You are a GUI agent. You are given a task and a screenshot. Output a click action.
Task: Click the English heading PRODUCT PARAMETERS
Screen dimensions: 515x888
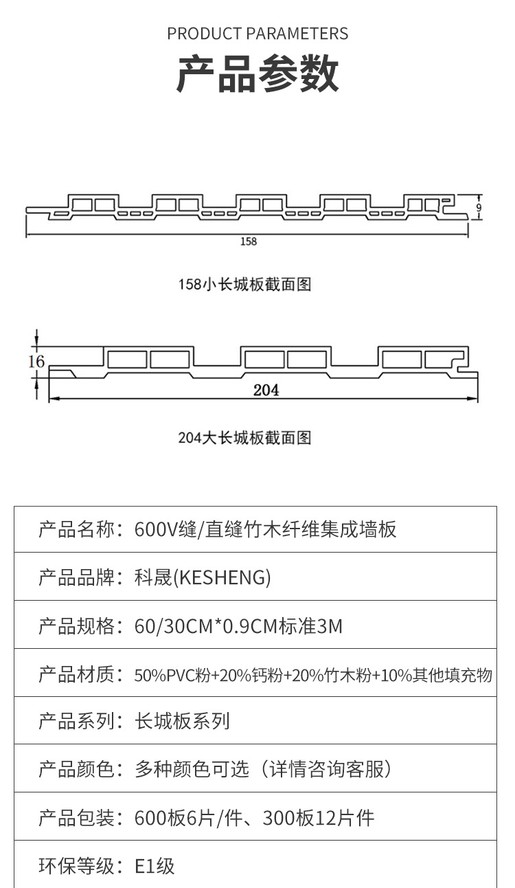pyautogui.click(x=257, y=34)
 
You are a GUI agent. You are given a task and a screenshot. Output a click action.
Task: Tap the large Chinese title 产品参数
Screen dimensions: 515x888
pyautogui.click(x=257, y=74)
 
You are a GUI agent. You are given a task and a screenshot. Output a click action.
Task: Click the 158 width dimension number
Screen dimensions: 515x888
pyautogui.click(x=249, y=241)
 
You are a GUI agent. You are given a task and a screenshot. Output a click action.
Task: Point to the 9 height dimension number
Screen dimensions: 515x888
pyautogui.click(x=479, y=207)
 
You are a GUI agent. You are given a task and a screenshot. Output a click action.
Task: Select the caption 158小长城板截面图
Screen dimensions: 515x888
pyautogui.click(x=245, y=284)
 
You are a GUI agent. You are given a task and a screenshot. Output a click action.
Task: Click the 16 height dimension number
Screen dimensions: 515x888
pyautogui.click(x=36, y=362)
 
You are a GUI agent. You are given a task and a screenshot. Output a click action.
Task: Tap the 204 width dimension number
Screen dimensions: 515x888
pyautogui.click(x=266, y=390)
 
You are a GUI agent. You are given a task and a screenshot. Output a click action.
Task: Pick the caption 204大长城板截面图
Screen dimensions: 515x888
pyautogui.click(x=245, y=437)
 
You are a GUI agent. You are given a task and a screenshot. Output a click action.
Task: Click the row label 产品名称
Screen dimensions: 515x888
pyautogui.click(x=76, y=529)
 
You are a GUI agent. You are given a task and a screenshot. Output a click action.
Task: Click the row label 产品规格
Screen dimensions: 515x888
pyautogui.click(x=76, y=625)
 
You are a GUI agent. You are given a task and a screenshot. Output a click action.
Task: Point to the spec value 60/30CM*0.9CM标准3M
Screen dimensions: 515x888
pyautogui.click(x=239, y=625)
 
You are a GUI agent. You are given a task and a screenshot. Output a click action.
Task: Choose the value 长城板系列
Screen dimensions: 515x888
pyautogui.click(x=183, y=721)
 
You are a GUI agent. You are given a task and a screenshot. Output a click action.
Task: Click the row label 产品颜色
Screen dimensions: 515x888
pyautogui.click(x=76, y=769)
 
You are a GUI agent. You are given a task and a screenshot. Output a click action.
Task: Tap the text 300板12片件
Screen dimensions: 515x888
pyautogui.click(x=319, y=818)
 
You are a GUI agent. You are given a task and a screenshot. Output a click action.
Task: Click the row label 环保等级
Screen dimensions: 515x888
pyautogui.click(x=76, y=866)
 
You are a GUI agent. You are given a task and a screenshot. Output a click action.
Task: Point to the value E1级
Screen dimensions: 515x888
pyautogui.click(x=155, y=866)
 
